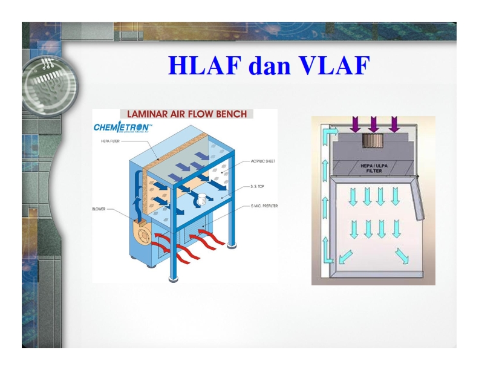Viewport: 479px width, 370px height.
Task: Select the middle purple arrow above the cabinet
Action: click(x=374, y=124)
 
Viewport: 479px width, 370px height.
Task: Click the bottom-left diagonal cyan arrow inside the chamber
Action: click(x=347, y=256)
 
